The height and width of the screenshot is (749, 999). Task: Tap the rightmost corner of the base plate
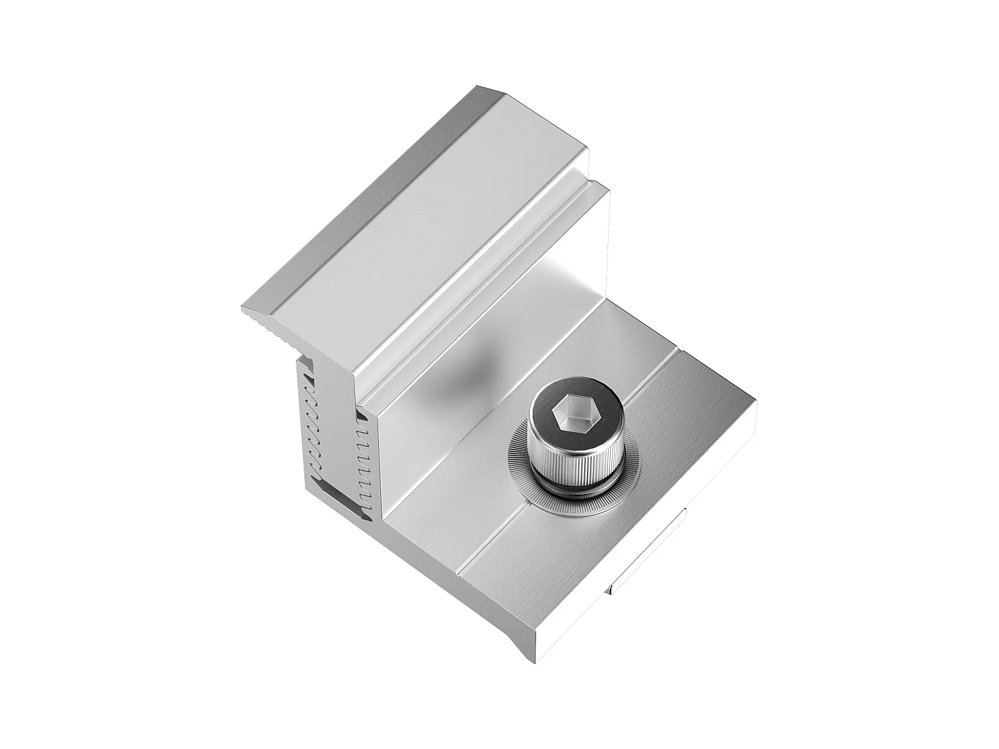tap(755, 401)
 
